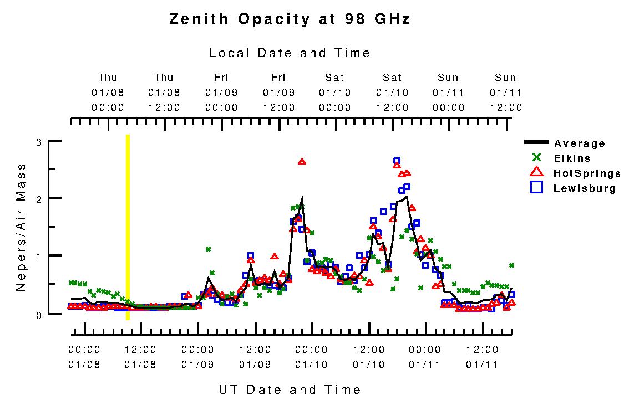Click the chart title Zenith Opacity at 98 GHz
pyautogui.click(x=290, y=19)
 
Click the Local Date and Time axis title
pyautogui.click(x=290, y=53)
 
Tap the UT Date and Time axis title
pyautogui.click(x=290, y=389)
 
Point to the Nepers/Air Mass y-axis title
pyautogui.click(x=21, y=227)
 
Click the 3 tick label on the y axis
pyautogui.click(x=39, y=142)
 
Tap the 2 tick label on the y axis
pyautogui.click(x=39, y=199)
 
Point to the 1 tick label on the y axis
pyautogui.click(x=39, y=257)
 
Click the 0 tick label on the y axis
pyautogui.click(x=39, y=314)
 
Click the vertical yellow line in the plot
pyautogui.click(x=128, y=227)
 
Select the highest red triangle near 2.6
pyautogui.click(x=302, y=161)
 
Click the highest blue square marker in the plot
pyautogui.click(x=397, y=161)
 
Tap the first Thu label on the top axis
pyautogui.click(x=108, y=78)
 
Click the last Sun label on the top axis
pyautogui.click(x=505, y=78)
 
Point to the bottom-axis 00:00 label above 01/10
pyautogui.click(x=312, y=350)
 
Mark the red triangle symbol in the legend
pyautogui.click(x=536, y=173)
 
